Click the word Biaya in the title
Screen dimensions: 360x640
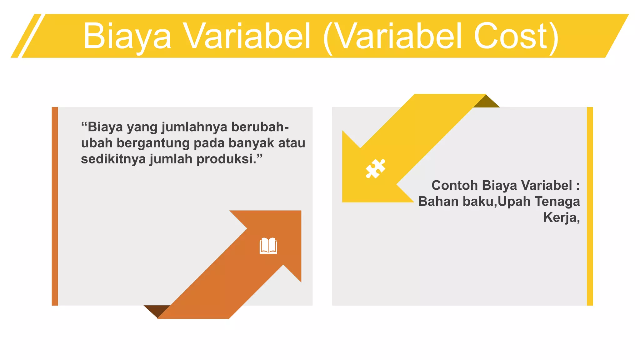127,37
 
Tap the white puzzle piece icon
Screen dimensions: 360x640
375,169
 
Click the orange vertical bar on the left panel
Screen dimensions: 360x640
55,206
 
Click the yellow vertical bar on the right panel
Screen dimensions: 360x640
590,206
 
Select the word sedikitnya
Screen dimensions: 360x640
113,159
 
